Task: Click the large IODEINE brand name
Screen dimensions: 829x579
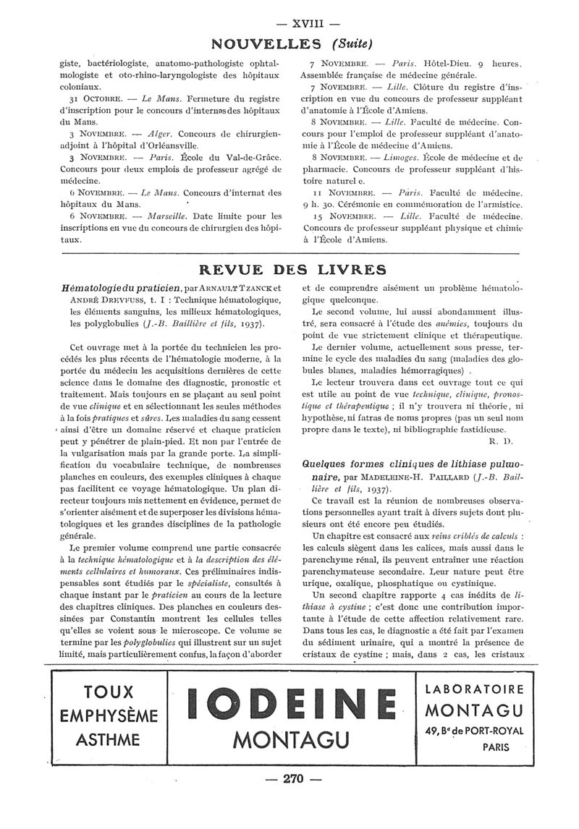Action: tap(291, 704)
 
